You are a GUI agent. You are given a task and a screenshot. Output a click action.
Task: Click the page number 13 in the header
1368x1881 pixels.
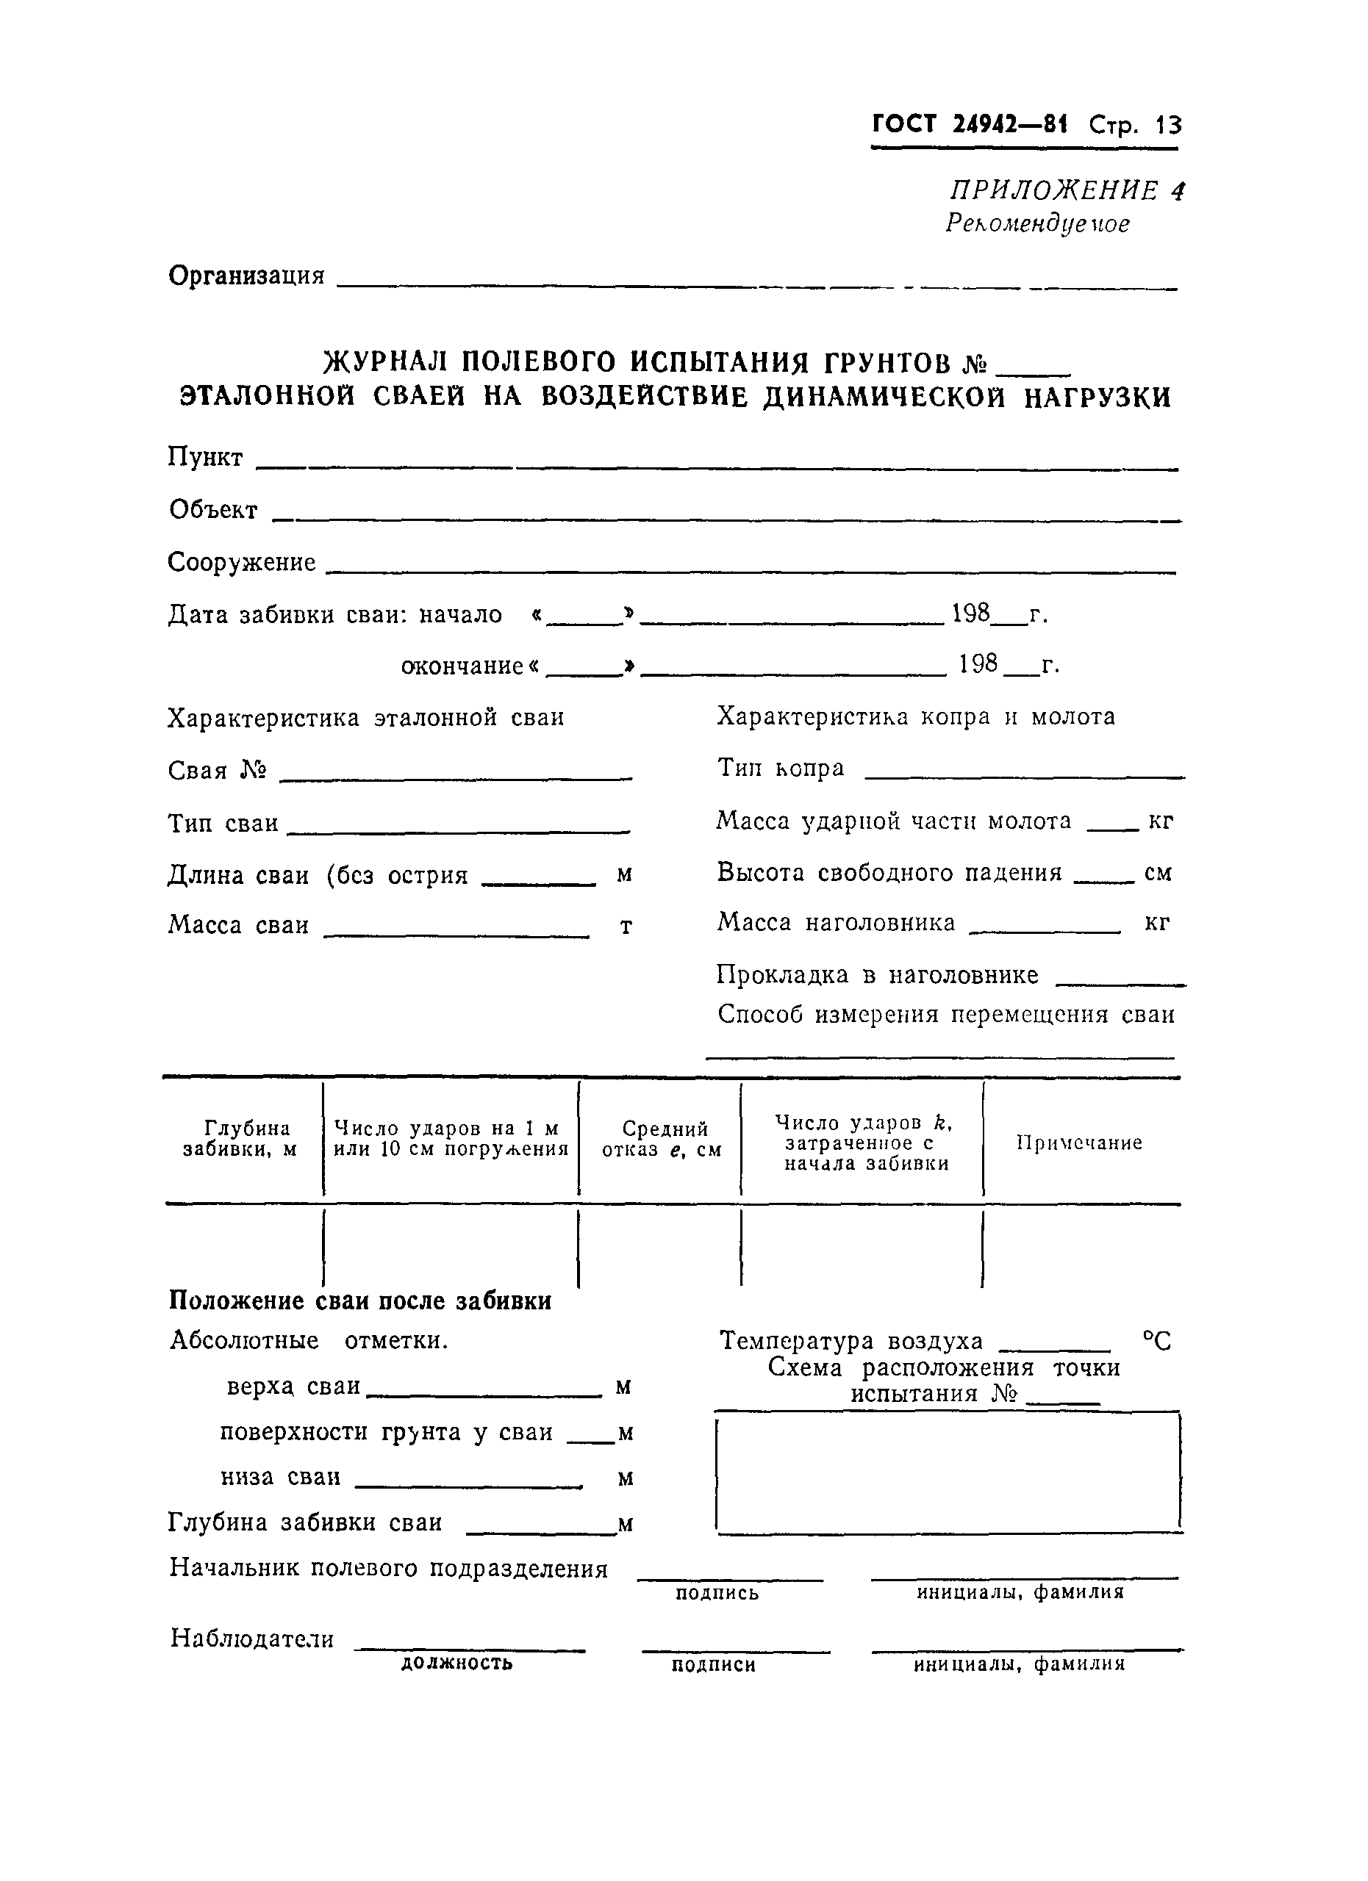(1168, 125)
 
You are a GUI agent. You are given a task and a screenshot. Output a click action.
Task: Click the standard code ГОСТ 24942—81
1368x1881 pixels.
(970, 124)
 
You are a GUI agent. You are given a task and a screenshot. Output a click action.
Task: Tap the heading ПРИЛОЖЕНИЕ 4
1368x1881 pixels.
(1067, 191)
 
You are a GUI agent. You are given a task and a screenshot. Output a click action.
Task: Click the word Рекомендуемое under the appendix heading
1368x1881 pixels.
(1037, 224)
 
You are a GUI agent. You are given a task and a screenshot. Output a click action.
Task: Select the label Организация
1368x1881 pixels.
(246, 276)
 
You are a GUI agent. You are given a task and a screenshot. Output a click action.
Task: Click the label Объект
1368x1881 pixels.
(213, 510)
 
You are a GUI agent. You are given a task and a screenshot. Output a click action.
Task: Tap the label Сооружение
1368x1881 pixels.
(241, 563)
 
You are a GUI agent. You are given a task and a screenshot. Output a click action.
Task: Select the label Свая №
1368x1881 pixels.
(218, 772)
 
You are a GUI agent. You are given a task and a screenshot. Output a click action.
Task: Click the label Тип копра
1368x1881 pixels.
(781, 769)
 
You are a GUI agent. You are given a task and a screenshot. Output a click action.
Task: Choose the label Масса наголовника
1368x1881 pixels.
(837, 922)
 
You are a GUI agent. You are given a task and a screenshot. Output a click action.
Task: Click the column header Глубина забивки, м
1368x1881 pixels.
(240, 1139)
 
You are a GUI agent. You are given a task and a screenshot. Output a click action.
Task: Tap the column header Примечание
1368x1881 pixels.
(1079, 1143)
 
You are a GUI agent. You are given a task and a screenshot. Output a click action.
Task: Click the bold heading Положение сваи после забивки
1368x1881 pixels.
(360, 1301)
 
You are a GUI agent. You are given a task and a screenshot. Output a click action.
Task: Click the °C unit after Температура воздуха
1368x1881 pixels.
(1156, 1342)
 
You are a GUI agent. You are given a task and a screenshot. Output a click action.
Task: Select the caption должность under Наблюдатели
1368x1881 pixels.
(456, 1662)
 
